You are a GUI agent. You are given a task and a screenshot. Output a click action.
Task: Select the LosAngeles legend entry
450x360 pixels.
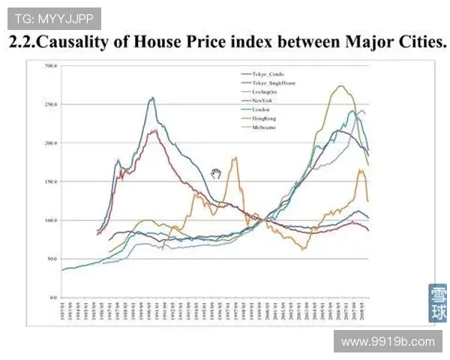[x=264, y=91]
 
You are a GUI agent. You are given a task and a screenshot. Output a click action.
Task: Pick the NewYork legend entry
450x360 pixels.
[x=262, y=100]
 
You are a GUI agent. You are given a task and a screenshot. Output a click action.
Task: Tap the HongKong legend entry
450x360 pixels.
[x=264, y=118]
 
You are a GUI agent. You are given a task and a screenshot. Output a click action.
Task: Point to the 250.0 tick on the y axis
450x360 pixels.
[x=51, y=104]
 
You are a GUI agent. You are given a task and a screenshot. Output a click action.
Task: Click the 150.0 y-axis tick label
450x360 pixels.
[x=51, y=181]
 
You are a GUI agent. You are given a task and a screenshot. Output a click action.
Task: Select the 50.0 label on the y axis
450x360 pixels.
[x=52, y=259]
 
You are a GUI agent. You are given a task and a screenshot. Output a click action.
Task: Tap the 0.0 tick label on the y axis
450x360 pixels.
[x=53, y=297]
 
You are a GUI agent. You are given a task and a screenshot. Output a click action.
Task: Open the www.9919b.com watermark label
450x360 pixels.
[x=387, y=341]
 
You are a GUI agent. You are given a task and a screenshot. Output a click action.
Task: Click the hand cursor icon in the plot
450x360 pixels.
[x=217, y=174]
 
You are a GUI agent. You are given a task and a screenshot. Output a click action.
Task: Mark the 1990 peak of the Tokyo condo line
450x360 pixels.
[x=152, y=98]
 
